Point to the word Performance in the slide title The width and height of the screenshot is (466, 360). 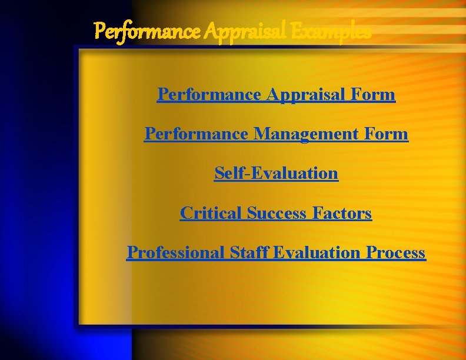[x=147, y=30]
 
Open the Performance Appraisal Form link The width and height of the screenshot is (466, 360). [x=276, y=94]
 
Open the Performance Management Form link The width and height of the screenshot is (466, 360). [x=276, y=134]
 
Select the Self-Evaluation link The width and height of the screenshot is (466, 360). [x=276, y=173]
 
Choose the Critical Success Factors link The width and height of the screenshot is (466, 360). [x=276, y=213]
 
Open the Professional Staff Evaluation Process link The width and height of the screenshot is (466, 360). [x=276, y=252]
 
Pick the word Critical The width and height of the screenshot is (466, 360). [x=211, y=213]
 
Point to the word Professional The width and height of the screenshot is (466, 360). [x=176, y=252]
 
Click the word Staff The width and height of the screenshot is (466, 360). [x=247, y=252]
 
